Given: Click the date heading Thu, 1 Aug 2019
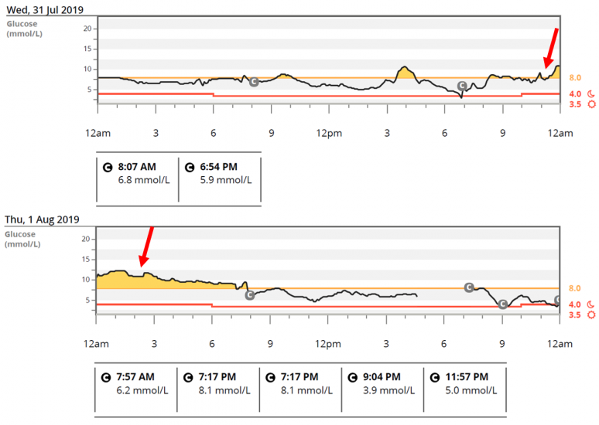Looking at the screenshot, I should [42, 219].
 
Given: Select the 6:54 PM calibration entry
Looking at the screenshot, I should [220, 173].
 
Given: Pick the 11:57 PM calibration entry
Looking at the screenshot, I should [465, 383].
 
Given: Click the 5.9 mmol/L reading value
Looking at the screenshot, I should [224, 180].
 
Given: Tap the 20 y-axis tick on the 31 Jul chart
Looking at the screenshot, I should [87, 29].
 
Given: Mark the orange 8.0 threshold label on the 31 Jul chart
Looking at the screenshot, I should [575, 78].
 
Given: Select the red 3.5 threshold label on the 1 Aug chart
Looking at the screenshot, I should [575, 314].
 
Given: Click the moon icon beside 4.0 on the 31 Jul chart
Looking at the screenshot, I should [591, 94].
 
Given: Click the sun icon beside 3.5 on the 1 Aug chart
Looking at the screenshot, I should [591, 314].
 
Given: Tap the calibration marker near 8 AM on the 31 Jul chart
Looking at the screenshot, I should [253, 81].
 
